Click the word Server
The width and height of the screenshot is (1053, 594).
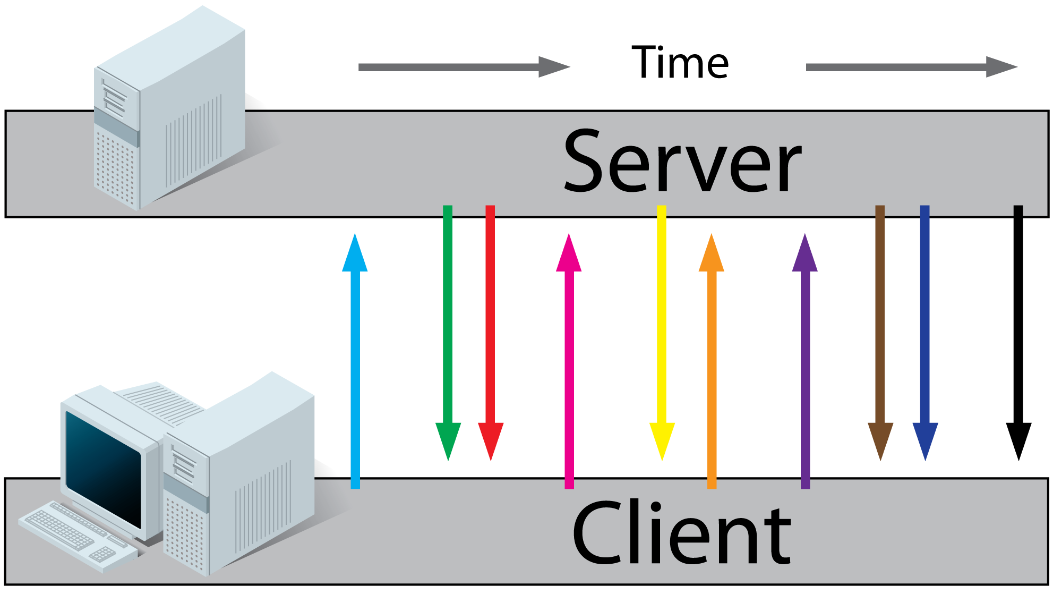[x=682, y=162]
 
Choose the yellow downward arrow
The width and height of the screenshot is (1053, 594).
[x=662, y=319]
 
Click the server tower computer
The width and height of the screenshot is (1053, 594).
[x=170, y=112]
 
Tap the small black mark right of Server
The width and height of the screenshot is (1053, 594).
[x=1017, y=210]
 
